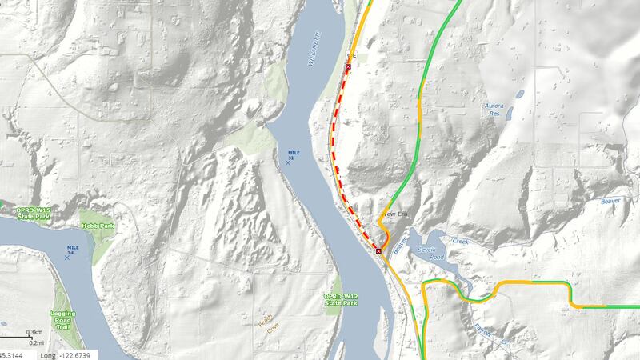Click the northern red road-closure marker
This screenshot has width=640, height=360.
pyautogui.click(x=348, y=68)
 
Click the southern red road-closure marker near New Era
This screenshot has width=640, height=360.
pyautogui.click(x=378, y=250)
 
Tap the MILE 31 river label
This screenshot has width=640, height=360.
pyautogui.click(x=291, y=153)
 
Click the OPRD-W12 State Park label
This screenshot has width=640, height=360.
pyautogui.click(x=343, y=298)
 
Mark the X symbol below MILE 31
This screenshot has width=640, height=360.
pyautogui.click(x=288, y=163)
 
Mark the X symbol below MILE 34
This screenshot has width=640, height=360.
pyautogui.click(x=67, y=258)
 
